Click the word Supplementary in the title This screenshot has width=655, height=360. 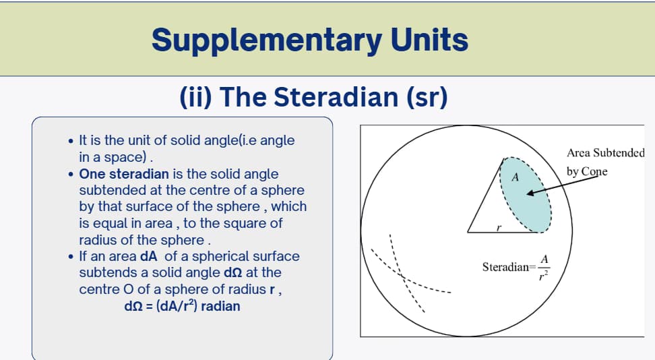click(266, 40)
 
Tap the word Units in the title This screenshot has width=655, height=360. click(429, 40)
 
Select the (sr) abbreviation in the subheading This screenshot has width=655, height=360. click(427, 97)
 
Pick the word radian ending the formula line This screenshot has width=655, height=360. click(220, 305)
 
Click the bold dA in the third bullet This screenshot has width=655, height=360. click(148, 256)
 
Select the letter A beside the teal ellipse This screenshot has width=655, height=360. click(515, 178)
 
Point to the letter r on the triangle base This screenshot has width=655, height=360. click(498, 228)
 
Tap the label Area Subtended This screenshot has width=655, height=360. click(605, 153)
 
